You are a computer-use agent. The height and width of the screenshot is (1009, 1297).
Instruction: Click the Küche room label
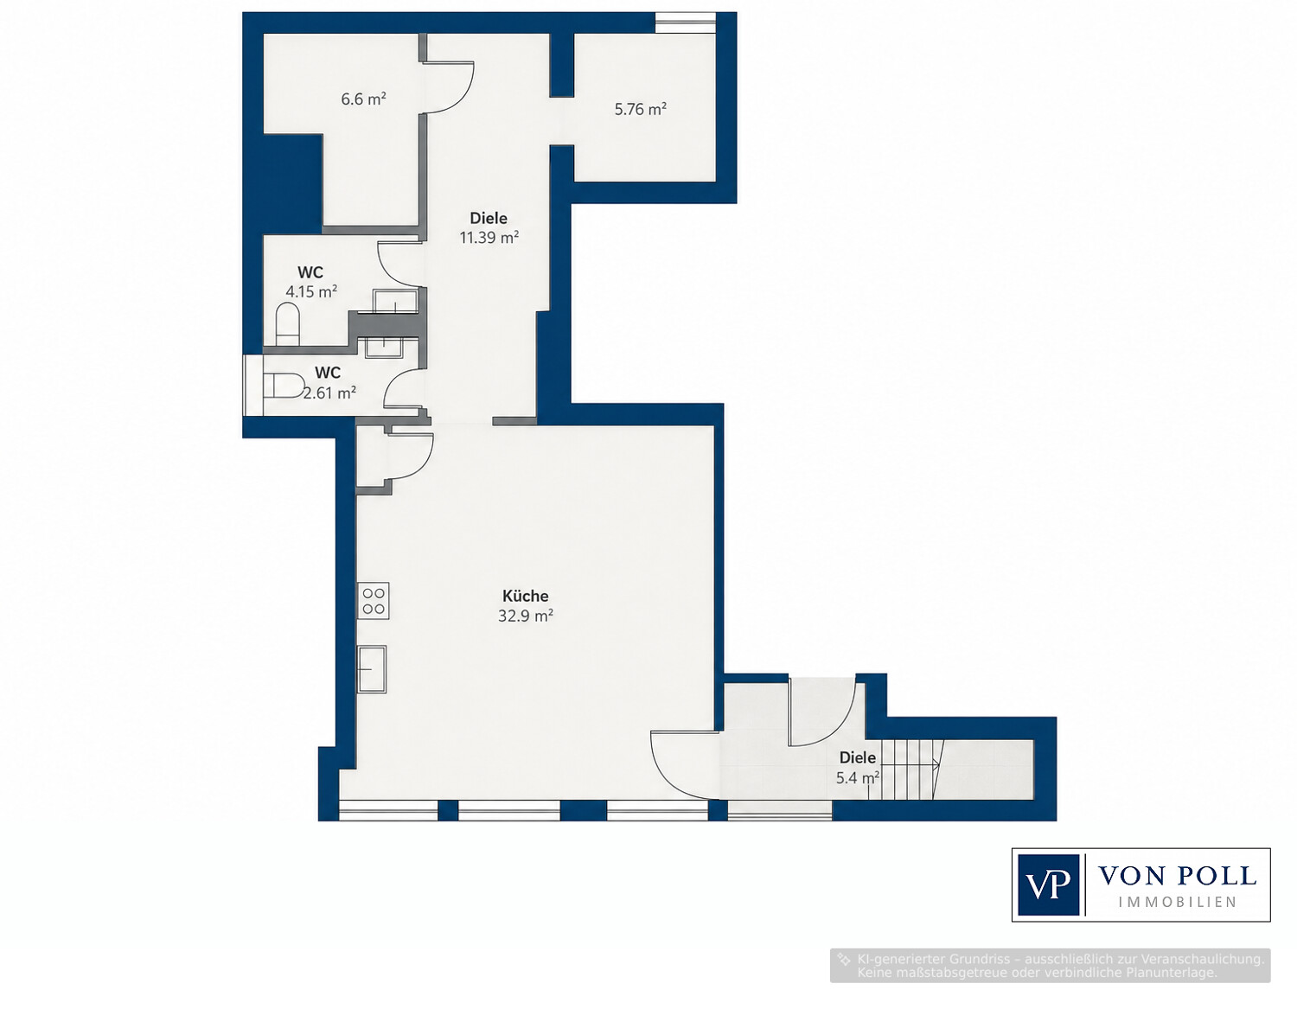point(525,596)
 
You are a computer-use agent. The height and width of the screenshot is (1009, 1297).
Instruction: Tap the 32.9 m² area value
point(525,616)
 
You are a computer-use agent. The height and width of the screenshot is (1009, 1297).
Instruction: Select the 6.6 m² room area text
point(363,99)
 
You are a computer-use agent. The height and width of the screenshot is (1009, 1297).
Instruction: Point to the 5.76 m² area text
point(641,109)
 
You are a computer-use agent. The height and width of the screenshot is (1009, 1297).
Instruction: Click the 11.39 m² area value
point(489,238)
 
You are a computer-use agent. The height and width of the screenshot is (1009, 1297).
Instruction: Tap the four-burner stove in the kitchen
point(374,600)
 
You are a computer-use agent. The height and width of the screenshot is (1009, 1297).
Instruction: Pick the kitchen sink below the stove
point(371,669)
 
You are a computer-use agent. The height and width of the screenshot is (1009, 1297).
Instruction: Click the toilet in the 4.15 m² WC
point(287,324)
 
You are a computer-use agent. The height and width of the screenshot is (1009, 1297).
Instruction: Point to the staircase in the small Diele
point(911,770)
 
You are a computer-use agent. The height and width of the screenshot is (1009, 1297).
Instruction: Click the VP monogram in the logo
point(1049,884)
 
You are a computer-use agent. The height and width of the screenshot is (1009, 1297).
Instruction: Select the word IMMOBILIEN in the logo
point(1177,902)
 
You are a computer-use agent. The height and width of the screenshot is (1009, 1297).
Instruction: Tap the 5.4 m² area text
point(858,778)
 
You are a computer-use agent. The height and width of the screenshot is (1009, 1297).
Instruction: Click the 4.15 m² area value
point(311,291)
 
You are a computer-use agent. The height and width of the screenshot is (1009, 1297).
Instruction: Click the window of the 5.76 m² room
point(685,22)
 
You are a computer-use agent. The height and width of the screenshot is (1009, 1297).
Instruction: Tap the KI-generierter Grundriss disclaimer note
point(1051,966)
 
